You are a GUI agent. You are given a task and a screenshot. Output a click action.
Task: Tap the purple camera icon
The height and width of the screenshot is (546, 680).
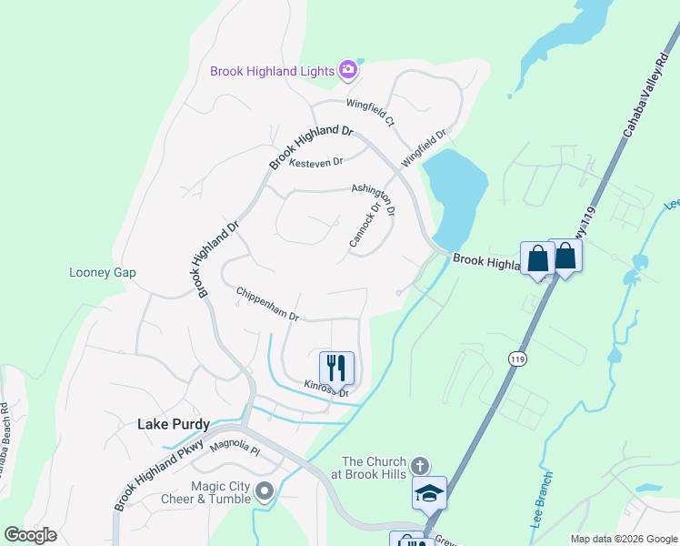tap(347, 69)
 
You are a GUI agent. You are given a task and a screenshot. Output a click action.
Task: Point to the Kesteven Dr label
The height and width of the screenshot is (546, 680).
tap(315, 162)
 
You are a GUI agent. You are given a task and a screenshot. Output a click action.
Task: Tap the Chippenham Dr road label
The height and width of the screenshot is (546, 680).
tap(267, 305)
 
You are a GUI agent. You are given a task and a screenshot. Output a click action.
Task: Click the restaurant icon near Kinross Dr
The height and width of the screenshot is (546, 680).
tap(336, 368)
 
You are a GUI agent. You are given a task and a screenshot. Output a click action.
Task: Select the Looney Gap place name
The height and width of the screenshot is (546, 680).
tap(102, 272)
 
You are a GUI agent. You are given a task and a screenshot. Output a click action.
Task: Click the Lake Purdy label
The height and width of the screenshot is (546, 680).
tap(173, 424)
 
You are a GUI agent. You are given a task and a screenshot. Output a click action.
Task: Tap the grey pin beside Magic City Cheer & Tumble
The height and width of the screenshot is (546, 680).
tap(265, 492)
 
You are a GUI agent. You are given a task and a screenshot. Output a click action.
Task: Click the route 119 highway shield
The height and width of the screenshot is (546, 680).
tap(515, 359)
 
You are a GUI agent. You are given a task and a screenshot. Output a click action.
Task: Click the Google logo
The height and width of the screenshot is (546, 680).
tap(30, 534)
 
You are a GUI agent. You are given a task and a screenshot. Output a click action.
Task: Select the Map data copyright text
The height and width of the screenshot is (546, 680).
tap(623, 539)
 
